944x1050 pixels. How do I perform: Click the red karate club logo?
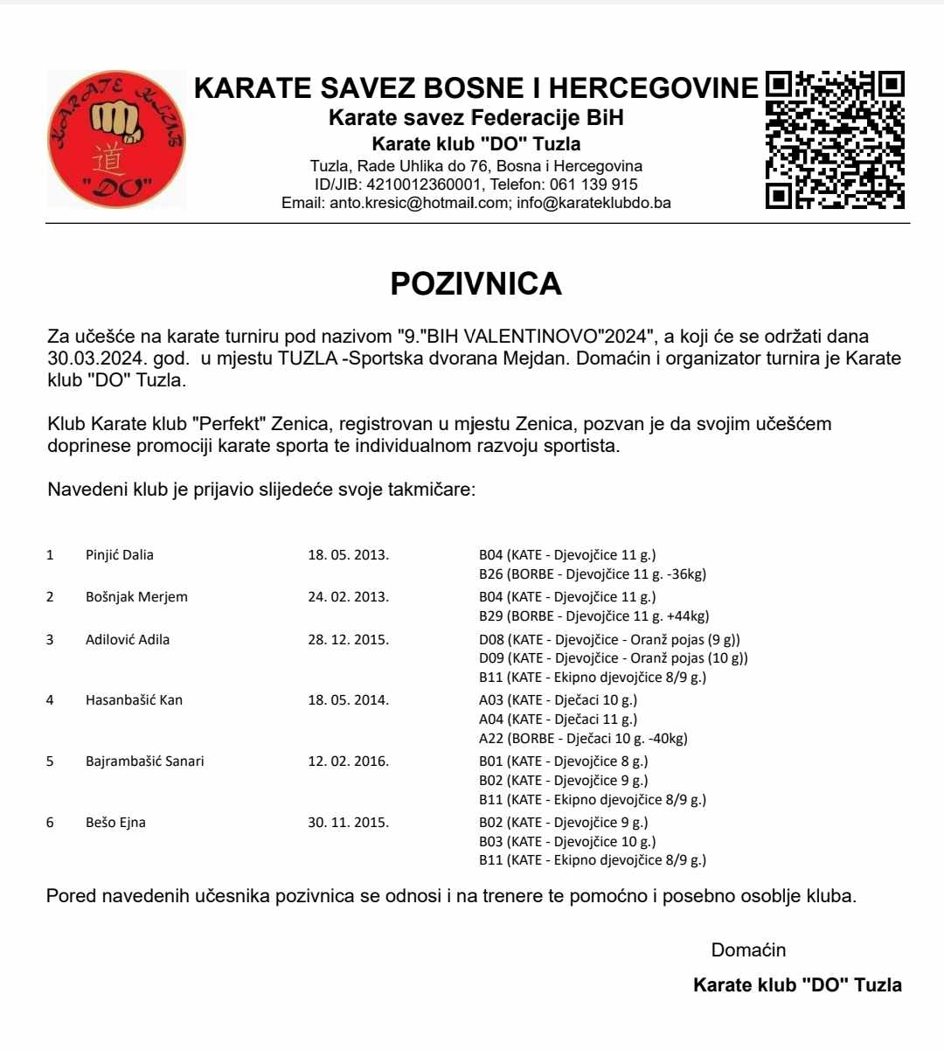point(116,140)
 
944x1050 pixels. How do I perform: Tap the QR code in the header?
point(835,140)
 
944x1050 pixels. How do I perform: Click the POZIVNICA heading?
point(475,284)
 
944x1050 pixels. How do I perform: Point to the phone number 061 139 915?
point(595,184)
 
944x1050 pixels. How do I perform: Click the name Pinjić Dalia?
point(120,555)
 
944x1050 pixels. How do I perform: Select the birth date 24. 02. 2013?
point(348,597)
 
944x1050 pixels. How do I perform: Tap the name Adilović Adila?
point(128,640)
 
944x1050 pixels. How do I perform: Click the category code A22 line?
point(583,739)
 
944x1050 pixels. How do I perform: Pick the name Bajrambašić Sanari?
point(145,761)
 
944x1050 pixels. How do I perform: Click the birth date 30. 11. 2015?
point(348,823)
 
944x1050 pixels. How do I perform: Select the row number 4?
point(50,700)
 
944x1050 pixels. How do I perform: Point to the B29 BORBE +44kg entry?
point(593,616)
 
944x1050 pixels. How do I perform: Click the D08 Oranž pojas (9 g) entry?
point(609,640)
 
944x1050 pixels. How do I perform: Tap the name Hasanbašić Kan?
point(134,700)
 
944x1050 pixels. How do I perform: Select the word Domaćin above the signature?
point(748,950)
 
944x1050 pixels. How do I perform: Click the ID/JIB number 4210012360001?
point(424,184)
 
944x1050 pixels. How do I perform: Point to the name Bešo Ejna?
point(115,823)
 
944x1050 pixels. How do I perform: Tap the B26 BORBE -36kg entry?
point(593,574)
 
